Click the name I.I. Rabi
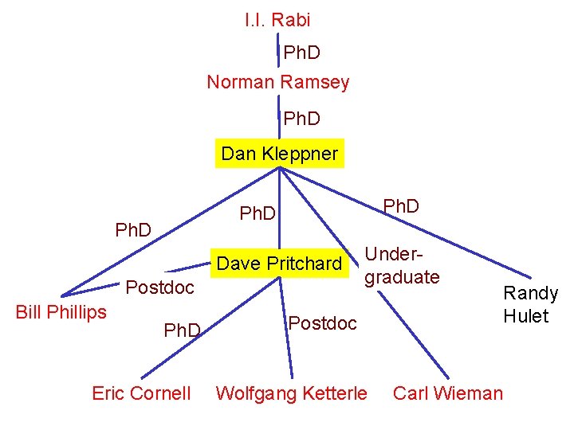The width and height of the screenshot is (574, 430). pyautogui.click(x=277, y=20)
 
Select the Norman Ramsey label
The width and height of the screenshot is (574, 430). pyautogui.click(x=278, y=81)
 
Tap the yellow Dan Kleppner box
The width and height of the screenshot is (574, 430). pyautogui.click(x=280, y=153)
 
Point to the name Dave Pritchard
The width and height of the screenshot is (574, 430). pyautogui.click(x=279, y=264)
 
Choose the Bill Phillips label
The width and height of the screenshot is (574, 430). pyautogui.click(x=61, y=311)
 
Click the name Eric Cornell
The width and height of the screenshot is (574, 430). pyautogui.click(x=141, y=393)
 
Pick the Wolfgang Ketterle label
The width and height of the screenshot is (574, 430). pyautogui.click(x=292, y=393)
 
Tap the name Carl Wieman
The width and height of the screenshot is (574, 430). pyautogui.click(x=448, y=393)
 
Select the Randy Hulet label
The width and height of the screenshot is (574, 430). pyautogui.click(x=530, y=304)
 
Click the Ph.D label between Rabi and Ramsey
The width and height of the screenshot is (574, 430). pyautogui.click(x=302, y=53)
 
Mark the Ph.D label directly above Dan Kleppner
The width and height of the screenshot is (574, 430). pyautogui.click(x=302, y=119)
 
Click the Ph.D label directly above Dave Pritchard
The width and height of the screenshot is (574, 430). pyautogui.click(x=258, y=213)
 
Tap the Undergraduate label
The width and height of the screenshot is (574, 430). pyautogui.click(x=402, y=266)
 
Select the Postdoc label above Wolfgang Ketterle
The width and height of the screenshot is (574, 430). pyautogui.click(x=322, y=323)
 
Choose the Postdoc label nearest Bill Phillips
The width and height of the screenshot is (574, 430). pyautogui.click(x=160, y=287)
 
